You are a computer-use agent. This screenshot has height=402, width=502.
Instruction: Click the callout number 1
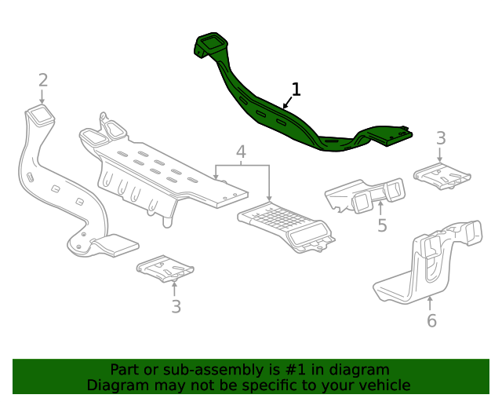[296, 88]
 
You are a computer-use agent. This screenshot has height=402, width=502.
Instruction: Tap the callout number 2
[43, 79]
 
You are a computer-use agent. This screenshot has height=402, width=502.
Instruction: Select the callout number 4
[242, 152]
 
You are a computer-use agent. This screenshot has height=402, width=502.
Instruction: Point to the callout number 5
[382, 226]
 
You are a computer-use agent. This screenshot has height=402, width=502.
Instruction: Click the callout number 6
[431, 320]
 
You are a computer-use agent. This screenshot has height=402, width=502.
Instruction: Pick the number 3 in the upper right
[441, 138]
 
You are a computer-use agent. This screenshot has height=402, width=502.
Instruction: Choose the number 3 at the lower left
[176, 306]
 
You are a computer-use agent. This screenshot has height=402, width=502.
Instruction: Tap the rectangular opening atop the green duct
[209, 41]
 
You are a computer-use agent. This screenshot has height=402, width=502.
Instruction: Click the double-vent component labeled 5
[367, 196]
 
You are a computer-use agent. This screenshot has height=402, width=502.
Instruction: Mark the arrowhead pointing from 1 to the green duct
[284, 105]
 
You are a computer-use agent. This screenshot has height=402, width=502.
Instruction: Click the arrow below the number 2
[42, 97]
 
